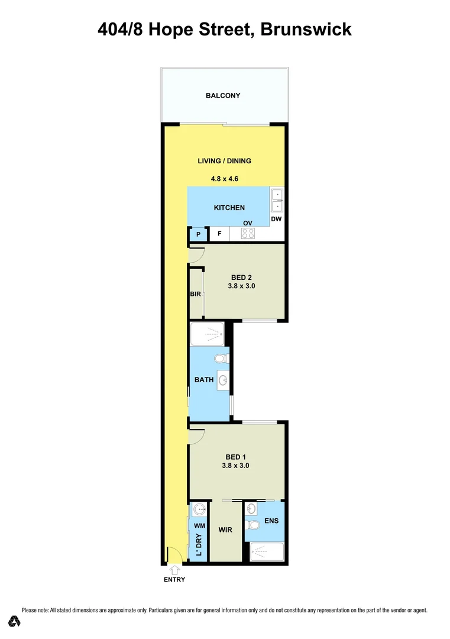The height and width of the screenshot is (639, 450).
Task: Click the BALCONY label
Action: (223, 96)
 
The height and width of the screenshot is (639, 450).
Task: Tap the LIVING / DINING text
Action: (224, 161)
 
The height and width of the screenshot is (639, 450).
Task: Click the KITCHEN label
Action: (229, 208)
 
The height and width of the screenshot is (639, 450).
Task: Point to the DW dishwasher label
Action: (276, 219)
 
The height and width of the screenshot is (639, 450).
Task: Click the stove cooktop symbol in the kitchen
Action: (248, 234)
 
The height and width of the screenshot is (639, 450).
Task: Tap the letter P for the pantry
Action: (198, 234)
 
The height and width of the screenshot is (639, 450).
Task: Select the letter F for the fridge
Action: (219, 234)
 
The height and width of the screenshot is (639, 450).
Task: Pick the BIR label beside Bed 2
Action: (196, 294)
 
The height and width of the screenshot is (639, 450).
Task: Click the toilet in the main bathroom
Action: (221, 359)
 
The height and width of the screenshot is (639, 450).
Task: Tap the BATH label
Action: (204, 380)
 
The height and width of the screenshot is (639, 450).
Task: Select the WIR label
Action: (225, 530)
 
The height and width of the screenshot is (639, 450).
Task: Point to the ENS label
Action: (271, 521)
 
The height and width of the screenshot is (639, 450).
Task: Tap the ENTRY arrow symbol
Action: (174, 570)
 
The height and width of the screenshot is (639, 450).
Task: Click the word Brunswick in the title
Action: (306, 29)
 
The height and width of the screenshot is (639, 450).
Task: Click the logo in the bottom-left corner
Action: (14, 621)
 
